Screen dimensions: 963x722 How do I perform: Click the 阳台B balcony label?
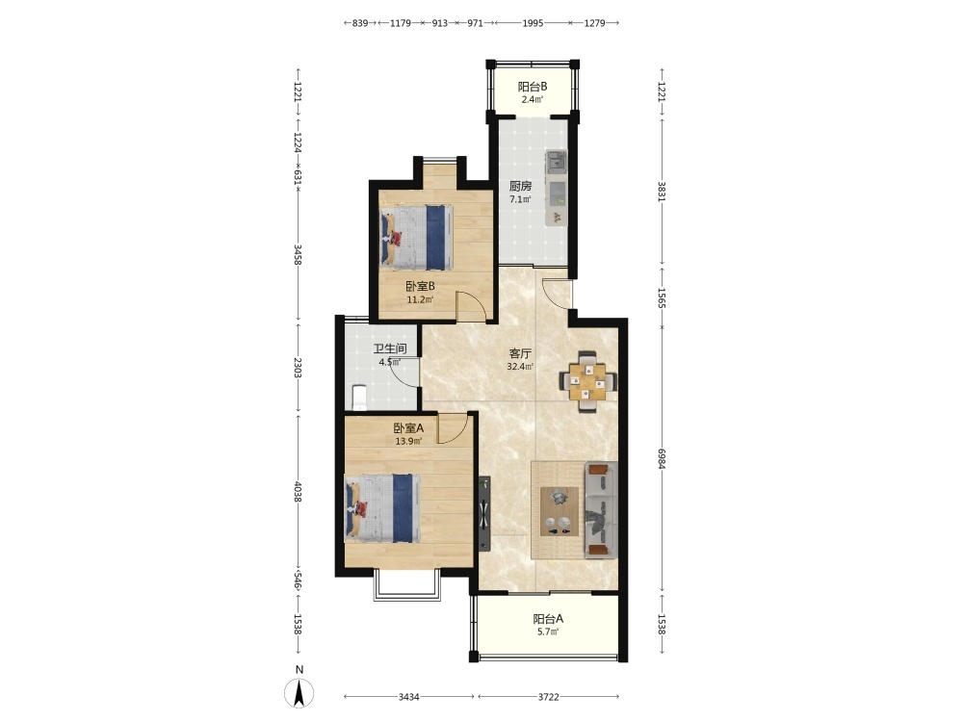[x=532, y=87]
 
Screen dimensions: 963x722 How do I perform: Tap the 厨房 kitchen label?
[x=520, y=186]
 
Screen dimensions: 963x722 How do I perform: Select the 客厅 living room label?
[x=520, y=353]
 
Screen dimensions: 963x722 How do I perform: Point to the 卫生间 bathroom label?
[x=390, y=348]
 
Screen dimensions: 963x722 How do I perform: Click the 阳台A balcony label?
[x=548, y=619]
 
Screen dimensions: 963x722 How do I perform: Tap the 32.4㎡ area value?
[x=520, y=367]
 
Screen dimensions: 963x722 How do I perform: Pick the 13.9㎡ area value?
[x=408, y=441]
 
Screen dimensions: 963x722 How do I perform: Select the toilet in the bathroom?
[x=359, y=397]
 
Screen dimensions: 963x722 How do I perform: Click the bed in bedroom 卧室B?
[x=416, y=238]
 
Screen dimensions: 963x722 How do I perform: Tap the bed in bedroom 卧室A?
[x=382, y=508]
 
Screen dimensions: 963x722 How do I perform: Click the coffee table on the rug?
[x=560, y=511]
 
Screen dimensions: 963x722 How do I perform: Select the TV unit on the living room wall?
[x=484, y=514]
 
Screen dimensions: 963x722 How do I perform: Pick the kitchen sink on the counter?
[x=557, y=162]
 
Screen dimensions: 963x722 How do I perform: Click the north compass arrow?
[x=299, y=694]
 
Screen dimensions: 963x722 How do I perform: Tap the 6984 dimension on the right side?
[x=662, y=458]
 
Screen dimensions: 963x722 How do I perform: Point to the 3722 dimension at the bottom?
[x=549, y=697]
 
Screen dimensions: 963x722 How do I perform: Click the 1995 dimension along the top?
[x=533, y=23]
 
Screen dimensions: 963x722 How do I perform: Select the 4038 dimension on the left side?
[x=298, y=491]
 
